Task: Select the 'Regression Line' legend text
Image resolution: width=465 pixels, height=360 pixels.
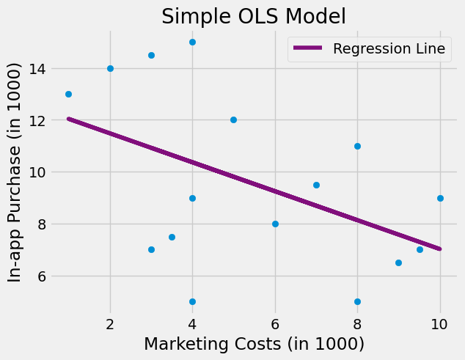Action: click(x=389, y=49)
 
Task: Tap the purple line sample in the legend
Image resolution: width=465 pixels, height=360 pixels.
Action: click(x=308, y=49)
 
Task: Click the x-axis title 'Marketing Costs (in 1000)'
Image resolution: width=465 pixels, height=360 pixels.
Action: click(x=254, y=343)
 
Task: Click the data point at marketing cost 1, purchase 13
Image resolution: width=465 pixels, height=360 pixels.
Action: click(x=68, y=94)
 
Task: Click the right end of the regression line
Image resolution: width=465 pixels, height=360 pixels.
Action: click(x=439, y=249)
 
